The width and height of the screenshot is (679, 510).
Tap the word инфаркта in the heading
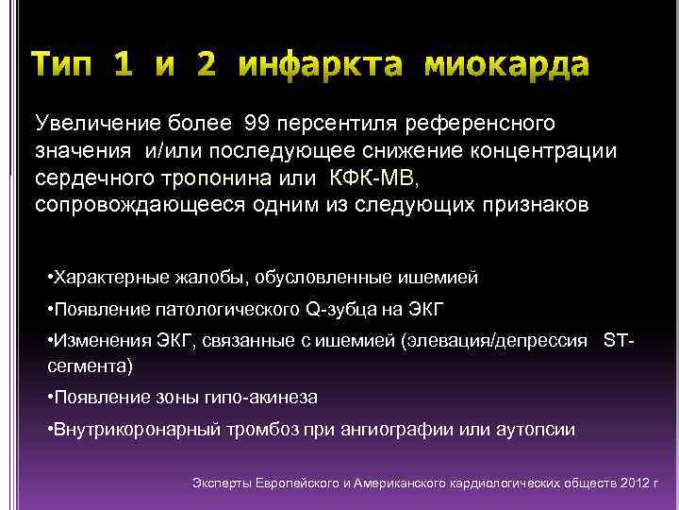tap(315, 64)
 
